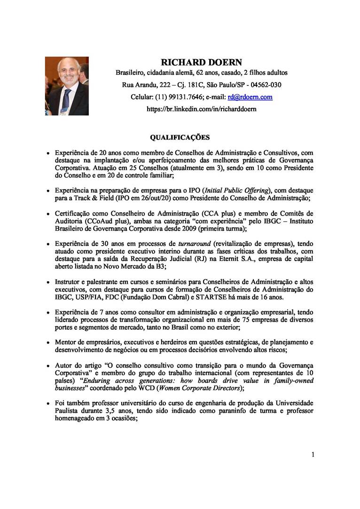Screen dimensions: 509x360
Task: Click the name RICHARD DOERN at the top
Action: click(x=201, y=62)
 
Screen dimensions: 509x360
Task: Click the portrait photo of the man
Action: click(x=67, y=86)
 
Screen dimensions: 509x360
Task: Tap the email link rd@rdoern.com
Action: click(x=250, y=97)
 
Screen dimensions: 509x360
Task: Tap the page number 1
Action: click(x=313, y=454)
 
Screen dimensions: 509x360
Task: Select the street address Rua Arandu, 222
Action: click(x=142, y=85)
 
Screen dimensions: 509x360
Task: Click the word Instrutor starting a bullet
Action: click(x=70, y=282)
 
